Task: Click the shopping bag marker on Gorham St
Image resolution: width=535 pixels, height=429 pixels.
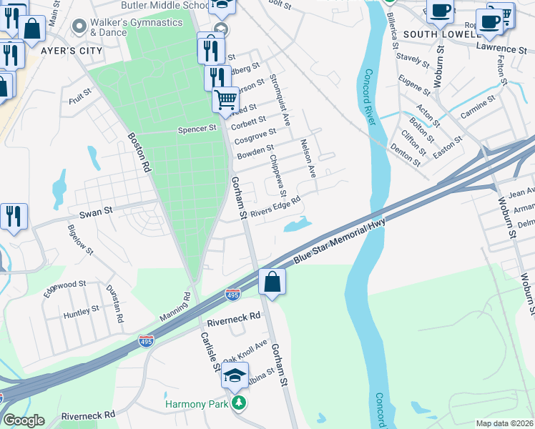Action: pos(272,281)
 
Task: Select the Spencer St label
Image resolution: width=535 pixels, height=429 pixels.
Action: pos(197,129)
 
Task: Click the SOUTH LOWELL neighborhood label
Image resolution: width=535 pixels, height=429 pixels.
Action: pos(441,34)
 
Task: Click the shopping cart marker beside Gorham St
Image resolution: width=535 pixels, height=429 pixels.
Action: pos(225,99)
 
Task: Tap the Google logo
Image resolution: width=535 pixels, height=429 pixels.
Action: pos(23,420)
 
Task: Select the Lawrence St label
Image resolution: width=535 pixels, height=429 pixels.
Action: pos(501,49)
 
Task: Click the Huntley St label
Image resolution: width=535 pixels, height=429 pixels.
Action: pos(81,311)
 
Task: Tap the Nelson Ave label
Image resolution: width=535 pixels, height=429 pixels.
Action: pos(308,158)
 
